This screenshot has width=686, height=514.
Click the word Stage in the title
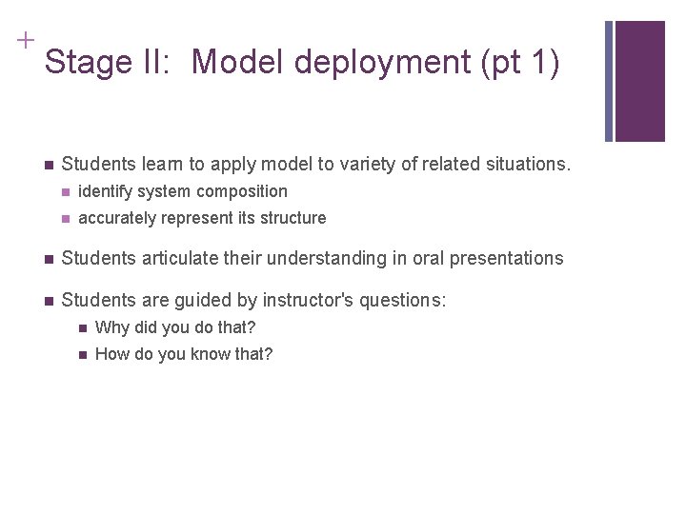84,63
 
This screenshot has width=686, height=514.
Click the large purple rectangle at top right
639,81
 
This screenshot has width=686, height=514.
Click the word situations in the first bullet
529,165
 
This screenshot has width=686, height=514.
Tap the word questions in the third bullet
404,301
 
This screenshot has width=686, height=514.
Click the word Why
111,327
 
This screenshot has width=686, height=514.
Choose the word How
111,354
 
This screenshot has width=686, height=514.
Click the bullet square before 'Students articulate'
47,259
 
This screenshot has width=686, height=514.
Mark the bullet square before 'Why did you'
82,328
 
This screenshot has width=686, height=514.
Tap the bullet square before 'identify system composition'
65,192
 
